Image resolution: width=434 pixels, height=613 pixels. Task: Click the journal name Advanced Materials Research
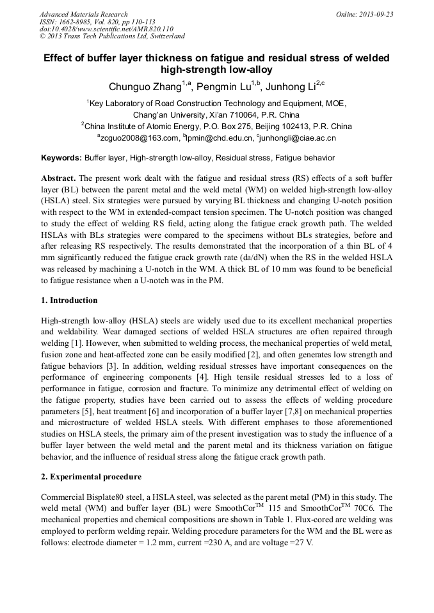[x=83, y=14]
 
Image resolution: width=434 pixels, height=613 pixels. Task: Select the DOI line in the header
[x=106, y=29]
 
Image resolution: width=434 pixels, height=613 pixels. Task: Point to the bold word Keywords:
[x=61, y=157]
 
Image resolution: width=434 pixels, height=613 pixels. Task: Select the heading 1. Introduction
[x=69, y=300]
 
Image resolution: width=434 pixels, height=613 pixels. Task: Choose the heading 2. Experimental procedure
[x=91, y=477]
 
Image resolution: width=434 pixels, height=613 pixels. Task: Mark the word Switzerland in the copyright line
[x=161, y=36]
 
